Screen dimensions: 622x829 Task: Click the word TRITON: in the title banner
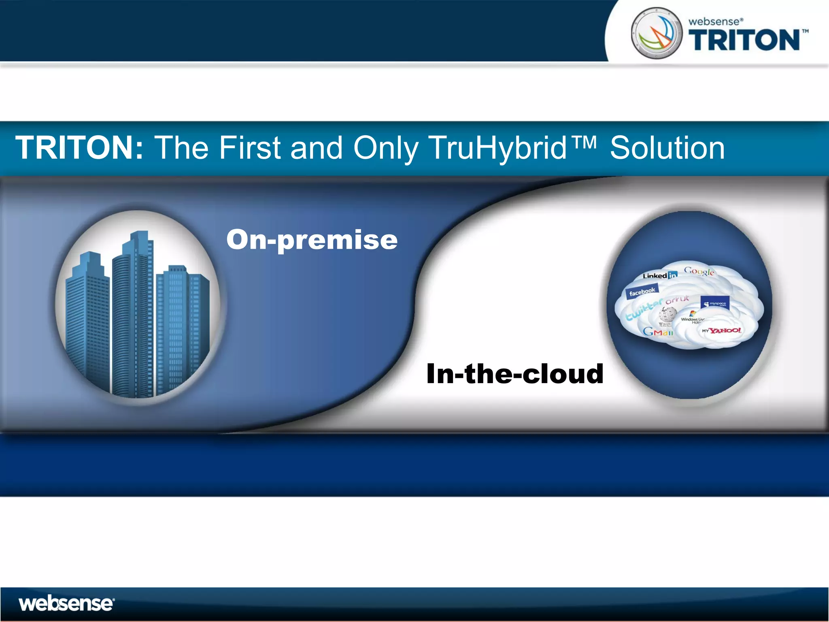click(x=79, y=148)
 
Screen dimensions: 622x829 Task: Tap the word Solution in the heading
click(x=667, y=149)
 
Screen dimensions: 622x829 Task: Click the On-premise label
click(x=312, y=240)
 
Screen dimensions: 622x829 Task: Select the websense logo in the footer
click(x=66, y=604)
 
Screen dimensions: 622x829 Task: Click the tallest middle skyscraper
click(x=134, y=316)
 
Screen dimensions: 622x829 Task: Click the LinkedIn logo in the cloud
click(x=659, y=275)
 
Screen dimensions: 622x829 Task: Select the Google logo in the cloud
click(x=699, y=271)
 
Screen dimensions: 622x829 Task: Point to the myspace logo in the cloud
click(x=715, y=303)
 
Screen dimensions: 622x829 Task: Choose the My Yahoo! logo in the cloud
click(x=721, y=331)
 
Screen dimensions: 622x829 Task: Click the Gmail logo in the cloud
click(x=658, y=332)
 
